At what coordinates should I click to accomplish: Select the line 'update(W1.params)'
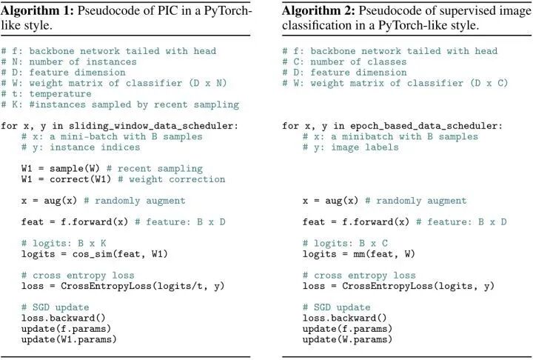(69, 339)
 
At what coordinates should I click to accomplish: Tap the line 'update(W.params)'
(347, 339)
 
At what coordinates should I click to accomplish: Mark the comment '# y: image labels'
(351, 147)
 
